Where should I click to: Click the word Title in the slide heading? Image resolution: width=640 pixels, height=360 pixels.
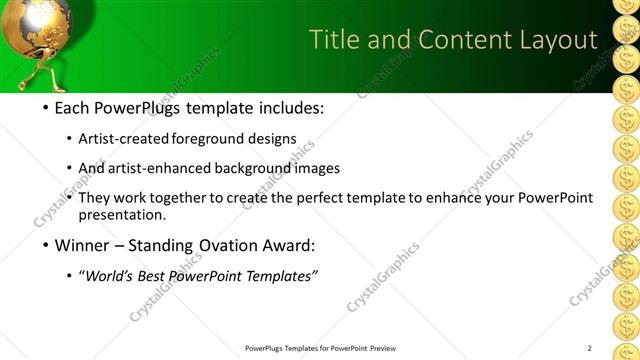[334, 40]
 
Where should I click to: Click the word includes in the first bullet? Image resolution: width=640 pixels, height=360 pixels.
[287, 108]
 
